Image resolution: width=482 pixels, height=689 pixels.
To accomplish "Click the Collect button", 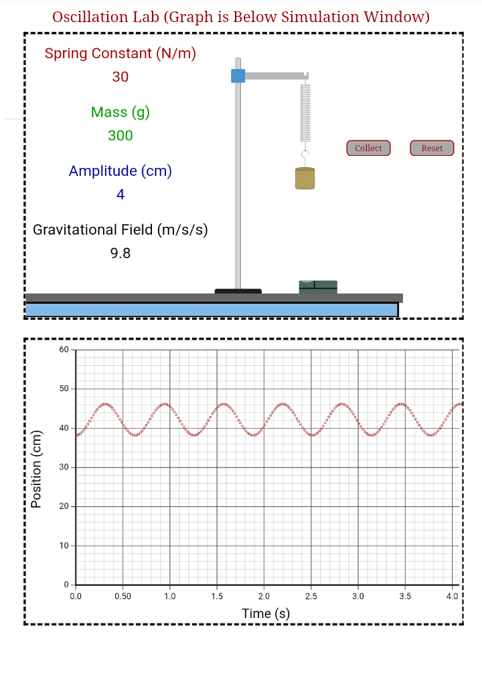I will point(368,148).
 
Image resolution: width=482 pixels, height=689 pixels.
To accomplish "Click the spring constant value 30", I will point(120,77).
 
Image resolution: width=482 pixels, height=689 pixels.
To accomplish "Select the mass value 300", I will point(120,136).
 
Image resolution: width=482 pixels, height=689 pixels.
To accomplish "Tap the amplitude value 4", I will point(120,195).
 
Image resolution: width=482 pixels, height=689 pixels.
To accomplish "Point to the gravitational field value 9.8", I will point(120,254).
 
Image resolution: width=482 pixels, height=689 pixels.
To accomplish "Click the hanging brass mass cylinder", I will point(305,178).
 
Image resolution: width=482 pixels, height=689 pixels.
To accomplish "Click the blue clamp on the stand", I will point(238,76).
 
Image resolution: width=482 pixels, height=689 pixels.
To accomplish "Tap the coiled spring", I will point(305,112).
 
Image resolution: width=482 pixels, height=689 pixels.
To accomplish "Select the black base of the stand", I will point(238,291).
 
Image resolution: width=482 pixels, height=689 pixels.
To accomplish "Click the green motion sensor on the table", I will point(318,287).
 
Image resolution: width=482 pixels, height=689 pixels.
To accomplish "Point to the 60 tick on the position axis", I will point(64,350).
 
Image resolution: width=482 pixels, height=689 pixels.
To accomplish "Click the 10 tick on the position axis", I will point(64,546).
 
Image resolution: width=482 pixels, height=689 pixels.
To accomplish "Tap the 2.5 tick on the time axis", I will point(311,596).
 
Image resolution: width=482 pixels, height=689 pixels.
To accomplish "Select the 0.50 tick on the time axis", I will point(123,596).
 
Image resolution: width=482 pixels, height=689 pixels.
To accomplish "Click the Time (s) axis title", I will point(266,613).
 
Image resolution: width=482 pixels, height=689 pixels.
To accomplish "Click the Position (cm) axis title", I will point(37,468).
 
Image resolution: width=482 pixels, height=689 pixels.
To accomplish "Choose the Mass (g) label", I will point(120,112).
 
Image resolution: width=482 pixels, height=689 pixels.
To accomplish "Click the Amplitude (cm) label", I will point(120,171).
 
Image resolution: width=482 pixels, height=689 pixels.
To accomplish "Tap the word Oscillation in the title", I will point(92,17).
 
